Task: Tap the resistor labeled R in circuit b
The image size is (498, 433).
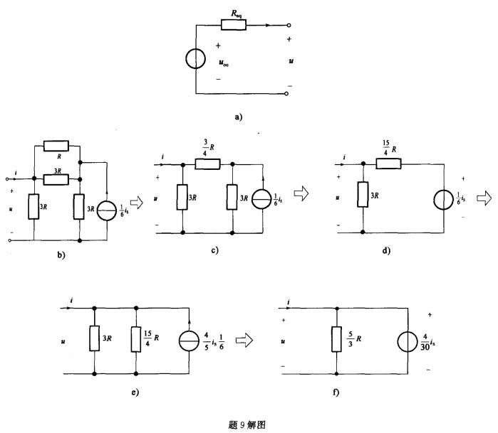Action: (x=56, y=146)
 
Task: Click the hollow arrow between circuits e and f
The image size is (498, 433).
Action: (x=244, y=341)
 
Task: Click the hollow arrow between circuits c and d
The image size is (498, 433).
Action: (x=301, y=192)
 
